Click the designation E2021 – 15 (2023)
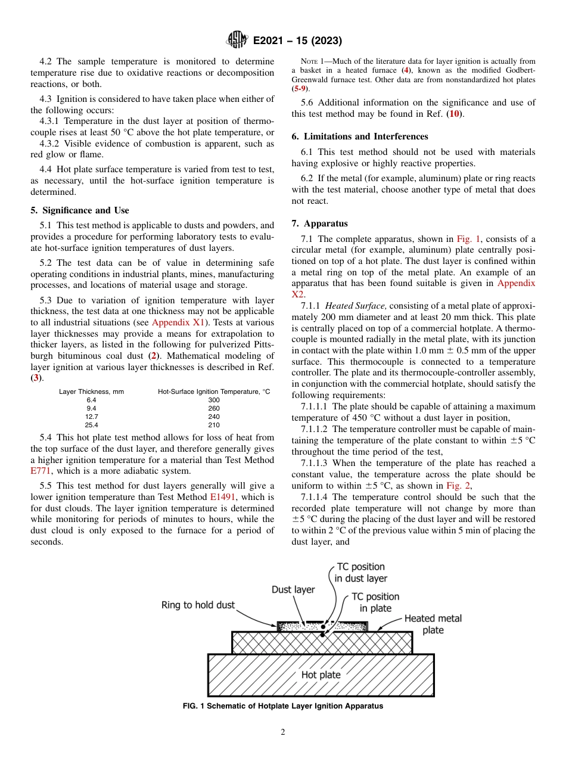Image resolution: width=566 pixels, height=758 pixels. tap(297, 41)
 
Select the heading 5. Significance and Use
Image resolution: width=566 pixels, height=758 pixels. tap(80, 210)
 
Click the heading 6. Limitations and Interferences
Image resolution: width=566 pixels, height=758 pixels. tap(360, 136)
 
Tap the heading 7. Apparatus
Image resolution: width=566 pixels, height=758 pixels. tap(319, 223)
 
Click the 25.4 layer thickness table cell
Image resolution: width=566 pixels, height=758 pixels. tap(91, 425)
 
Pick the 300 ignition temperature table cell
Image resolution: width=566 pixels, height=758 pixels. tap(214, 400)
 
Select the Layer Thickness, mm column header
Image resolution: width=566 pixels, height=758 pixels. tap(91, 392)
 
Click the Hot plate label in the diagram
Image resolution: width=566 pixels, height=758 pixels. tap(321, 675)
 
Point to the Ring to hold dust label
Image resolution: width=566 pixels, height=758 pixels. tap(198, 605)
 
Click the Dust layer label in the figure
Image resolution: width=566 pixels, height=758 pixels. tap(293, 589)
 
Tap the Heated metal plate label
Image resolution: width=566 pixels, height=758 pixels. tap(433, 624)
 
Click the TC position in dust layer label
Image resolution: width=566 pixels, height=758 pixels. tap(360, 572)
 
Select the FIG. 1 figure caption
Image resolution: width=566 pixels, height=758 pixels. tap(282, 706)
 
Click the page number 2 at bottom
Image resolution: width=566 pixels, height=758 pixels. tap(283, 732)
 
